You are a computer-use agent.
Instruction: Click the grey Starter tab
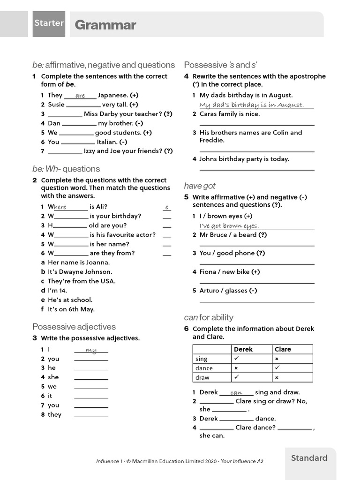coord(49,23)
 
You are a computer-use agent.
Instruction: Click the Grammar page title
coord(105,25)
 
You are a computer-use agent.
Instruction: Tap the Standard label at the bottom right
coord(309,458)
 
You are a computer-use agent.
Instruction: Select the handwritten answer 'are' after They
coord(80,96)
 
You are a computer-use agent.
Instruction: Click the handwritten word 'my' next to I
coord(91,350)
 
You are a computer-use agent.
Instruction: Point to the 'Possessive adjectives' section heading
coord(74,327)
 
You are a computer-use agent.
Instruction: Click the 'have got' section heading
coord(200,186)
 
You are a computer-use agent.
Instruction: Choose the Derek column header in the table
coord(243,349)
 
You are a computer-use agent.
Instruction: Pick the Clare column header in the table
coord(283,349)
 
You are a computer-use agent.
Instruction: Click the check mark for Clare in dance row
coord(277,368)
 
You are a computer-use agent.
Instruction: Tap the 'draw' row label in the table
coord(202,377)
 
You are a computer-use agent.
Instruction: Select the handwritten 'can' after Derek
coord(236,393)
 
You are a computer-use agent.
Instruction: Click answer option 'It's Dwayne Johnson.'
coord(80,272)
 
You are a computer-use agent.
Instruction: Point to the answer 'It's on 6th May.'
coord(71,309)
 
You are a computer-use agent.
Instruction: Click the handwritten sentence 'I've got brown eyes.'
coord(229,226)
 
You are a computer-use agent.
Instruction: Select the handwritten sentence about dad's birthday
coord(251,105)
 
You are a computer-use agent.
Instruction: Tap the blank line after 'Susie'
coord(83,105)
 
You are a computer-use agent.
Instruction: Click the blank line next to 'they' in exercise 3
coord(91,415)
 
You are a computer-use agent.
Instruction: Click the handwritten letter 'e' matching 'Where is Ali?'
coord(166,207)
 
